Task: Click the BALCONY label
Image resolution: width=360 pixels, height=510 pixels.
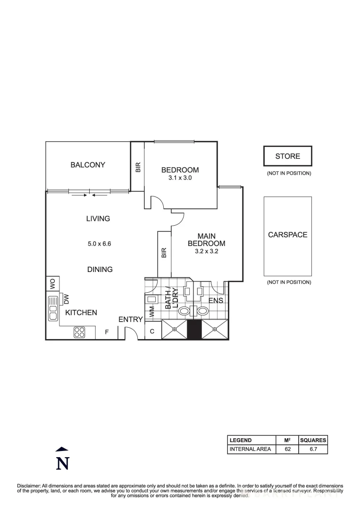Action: [88, 165]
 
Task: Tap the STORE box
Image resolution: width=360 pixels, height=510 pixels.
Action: [287, 156]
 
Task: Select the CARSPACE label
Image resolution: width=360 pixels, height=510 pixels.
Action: [287, 235]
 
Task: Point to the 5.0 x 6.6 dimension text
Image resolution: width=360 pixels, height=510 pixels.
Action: [99, 244]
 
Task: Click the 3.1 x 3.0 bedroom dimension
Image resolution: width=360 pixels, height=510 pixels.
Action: [180, 178]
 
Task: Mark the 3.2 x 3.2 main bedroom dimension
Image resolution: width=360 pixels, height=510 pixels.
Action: [206, 252]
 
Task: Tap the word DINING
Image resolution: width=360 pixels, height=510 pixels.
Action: [100, 269]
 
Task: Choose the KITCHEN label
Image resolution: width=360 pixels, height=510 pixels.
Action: [81, 313]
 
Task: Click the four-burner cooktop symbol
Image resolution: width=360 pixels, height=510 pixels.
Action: [79, 332]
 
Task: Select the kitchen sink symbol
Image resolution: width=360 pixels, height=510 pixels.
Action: [52, 307]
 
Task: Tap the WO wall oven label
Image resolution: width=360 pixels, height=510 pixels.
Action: [53, 283]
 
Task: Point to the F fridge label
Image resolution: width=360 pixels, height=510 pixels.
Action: [107, 332]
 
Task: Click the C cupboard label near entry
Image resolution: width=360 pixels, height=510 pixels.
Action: [152, 332]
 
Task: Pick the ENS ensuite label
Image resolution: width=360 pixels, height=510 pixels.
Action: [215, 300]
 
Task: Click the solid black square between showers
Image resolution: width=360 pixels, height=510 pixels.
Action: [194, 329]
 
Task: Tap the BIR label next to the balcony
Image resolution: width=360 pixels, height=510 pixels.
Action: [138, 167]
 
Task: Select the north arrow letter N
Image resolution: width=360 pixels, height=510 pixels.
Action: [62, 464]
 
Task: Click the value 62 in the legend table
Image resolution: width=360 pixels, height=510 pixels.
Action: [287, 449]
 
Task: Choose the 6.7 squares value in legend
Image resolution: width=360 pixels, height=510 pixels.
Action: [313, 449]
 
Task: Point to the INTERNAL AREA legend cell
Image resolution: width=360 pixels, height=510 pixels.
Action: [250, 449]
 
